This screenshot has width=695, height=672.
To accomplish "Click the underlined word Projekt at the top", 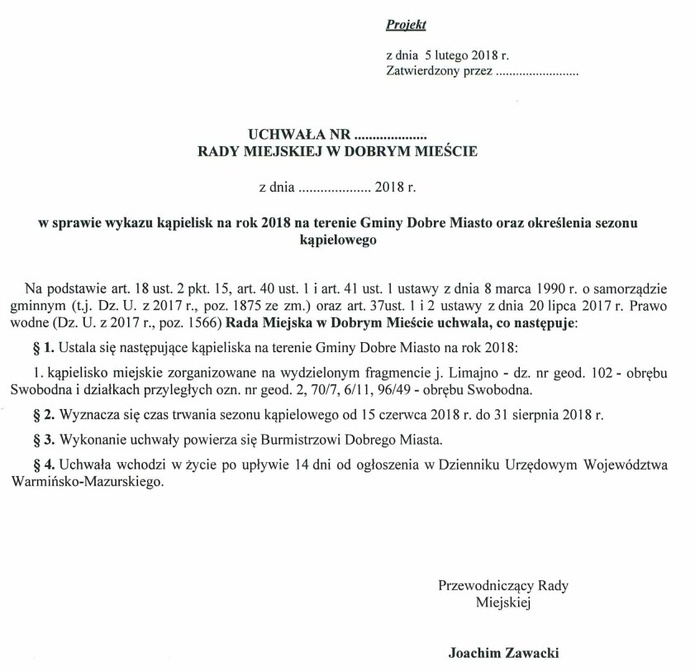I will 406,26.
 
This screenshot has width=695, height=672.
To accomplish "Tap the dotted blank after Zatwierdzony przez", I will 536,72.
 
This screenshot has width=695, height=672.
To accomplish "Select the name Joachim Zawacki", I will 503,652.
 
